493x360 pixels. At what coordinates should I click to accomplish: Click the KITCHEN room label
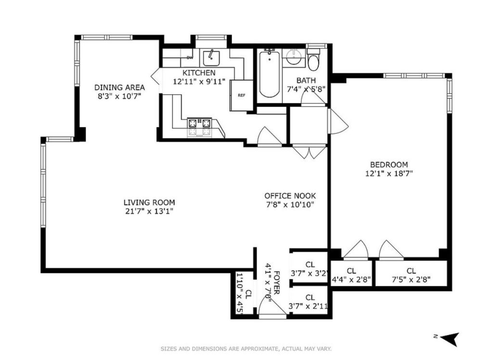[199, 73]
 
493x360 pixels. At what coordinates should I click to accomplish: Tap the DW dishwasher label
[190, 58]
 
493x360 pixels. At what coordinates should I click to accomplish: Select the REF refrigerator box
[242, 95]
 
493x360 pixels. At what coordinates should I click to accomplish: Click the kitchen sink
[211, 58]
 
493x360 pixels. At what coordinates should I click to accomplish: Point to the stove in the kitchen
[199, 128]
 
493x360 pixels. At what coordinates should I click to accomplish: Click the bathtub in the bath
[270, 75]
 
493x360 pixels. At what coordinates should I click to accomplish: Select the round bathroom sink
[294, 58]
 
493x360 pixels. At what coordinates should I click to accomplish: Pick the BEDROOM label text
[389, 165]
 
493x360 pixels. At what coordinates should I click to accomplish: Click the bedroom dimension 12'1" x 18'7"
[389, 173]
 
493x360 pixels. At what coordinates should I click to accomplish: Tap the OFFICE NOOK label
[290, 196]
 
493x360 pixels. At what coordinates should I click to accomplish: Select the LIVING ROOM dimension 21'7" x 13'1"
[149, 211]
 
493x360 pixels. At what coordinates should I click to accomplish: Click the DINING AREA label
[119, 87]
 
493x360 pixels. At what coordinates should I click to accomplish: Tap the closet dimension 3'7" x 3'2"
[310, 273]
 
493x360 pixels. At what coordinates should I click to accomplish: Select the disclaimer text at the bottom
[246, 348]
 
